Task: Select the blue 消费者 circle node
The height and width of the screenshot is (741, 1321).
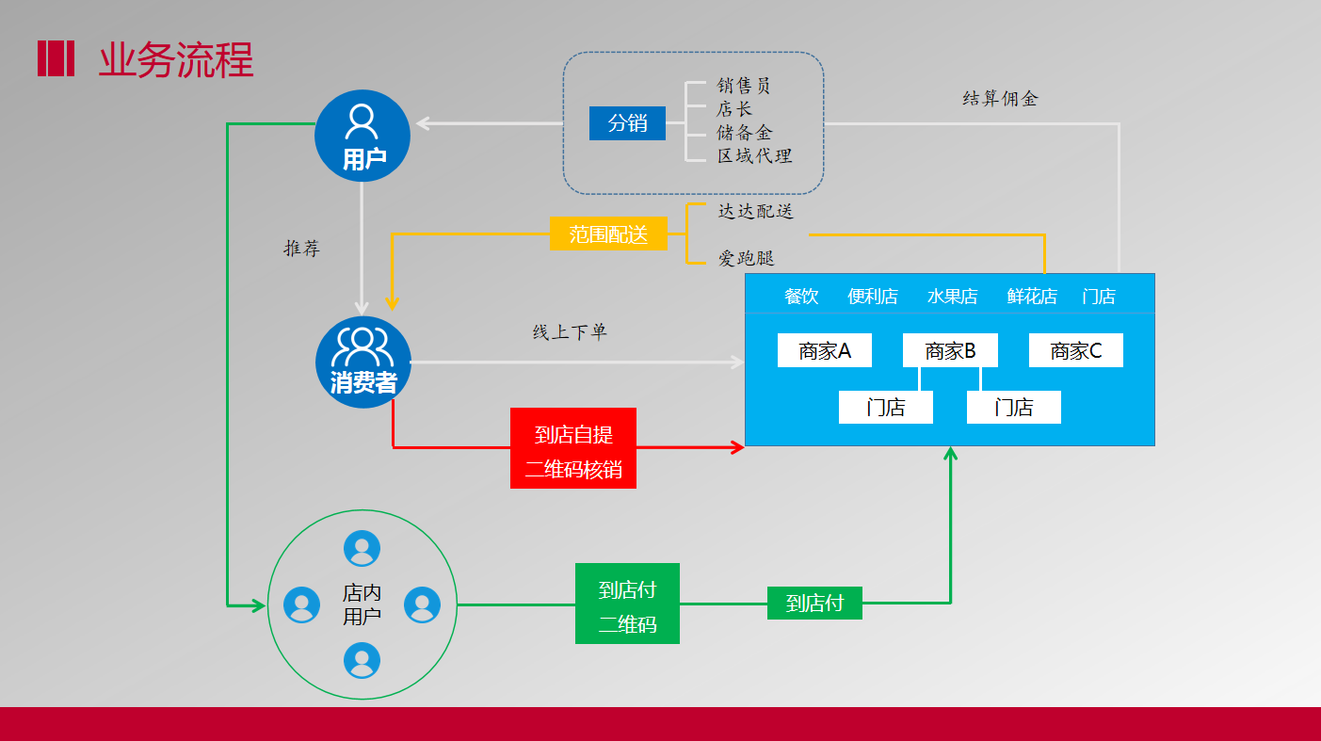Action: click(x=362, y=362)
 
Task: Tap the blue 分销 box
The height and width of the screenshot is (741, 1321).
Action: click(x=627, y=123)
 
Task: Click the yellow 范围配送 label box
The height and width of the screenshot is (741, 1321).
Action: click(x=608, y=234)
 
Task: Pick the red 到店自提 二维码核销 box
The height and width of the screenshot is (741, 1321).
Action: click(x=573, y=448)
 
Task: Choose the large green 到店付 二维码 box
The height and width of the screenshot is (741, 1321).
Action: click(x=627, y=604)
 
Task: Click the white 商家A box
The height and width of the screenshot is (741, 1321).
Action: click(x=825, y=351)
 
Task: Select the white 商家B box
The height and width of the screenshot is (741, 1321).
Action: click(x=950, y=351)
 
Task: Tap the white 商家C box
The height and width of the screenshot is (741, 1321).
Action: click(x=1076, y=351)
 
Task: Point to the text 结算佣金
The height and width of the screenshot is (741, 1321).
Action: click(x=1000, y=99)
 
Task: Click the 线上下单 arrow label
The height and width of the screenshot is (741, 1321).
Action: click(x=570, y=332)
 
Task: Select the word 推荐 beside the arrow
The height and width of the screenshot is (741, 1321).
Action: click(x=302, y=249)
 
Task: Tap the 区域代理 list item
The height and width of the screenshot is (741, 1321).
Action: click(x=754, y=156)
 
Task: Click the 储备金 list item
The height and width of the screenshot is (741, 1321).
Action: click(x=744, y=133)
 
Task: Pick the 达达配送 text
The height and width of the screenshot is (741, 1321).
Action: click(x=756, y=211)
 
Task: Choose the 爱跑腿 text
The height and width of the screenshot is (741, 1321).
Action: click(x=746, y=258)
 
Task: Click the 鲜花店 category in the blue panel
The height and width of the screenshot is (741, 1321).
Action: click(x=1032, y=297)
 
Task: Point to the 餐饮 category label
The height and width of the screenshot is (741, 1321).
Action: click(x=801, y=297)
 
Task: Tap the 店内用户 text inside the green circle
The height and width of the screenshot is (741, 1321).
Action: click(x=362, y=604)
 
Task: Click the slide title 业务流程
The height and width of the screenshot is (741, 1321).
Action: click(x=176, y=60)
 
